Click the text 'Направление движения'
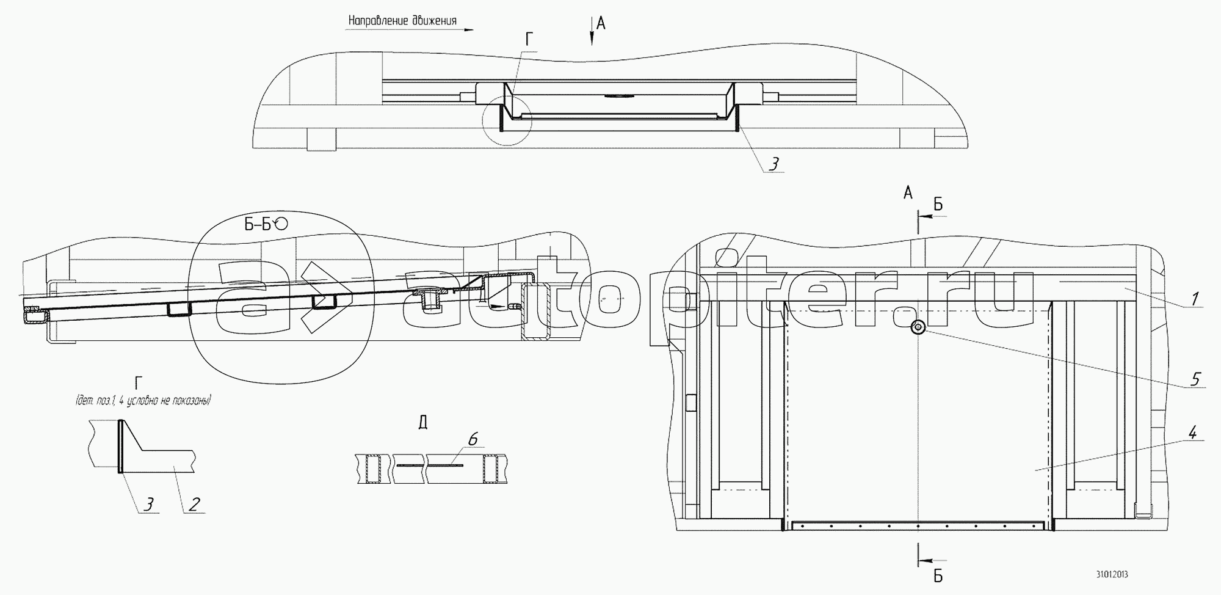402,21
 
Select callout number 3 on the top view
774,164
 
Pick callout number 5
1195,379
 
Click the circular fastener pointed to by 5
918,329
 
